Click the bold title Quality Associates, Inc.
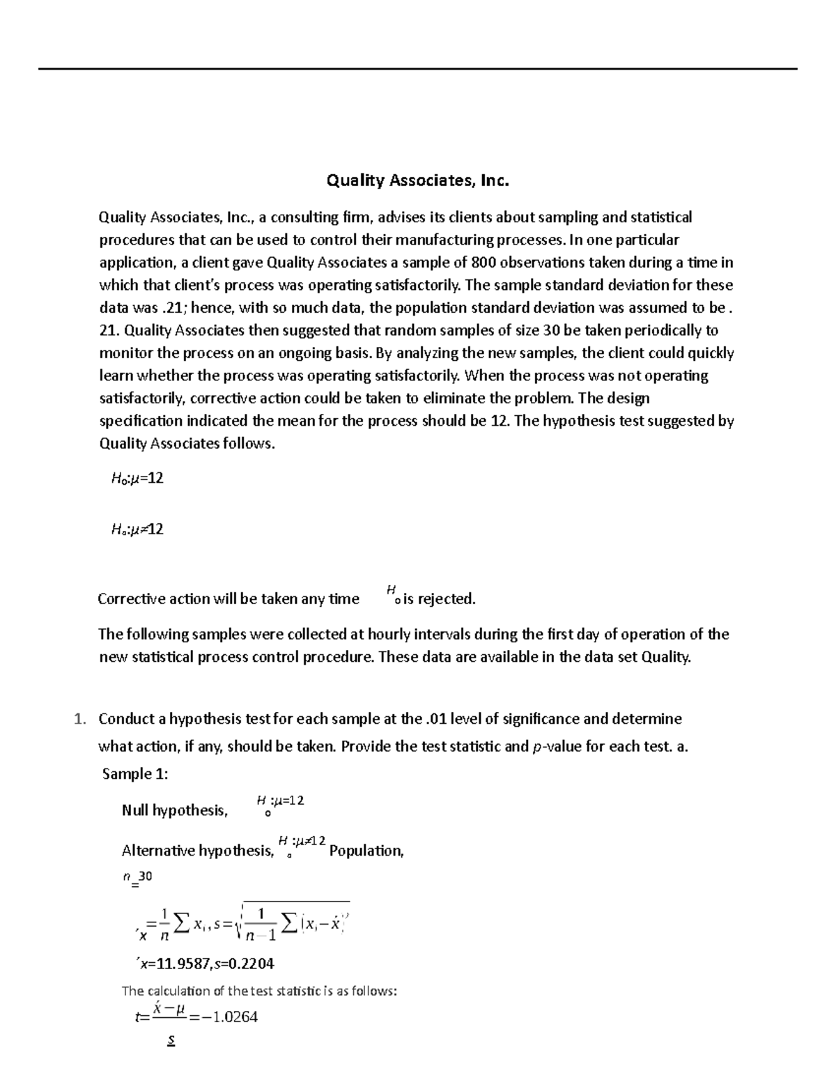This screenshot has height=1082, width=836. tap(418, 181)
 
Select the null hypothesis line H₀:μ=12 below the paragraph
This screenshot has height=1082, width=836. tap(137, 479)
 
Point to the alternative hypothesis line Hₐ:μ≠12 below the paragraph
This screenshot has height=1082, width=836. tap(137, 530)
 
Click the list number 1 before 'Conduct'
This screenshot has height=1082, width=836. tap(79, 718)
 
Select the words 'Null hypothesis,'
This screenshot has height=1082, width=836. tap(175, 810)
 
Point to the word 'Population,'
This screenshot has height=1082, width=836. tap(366, 851)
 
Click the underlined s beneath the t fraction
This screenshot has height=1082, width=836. tap(171, 1041)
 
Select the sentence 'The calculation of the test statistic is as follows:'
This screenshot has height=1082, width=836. tap(259, 991)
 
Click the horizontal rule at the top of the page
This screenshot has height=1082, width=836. tap(418, 69)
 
